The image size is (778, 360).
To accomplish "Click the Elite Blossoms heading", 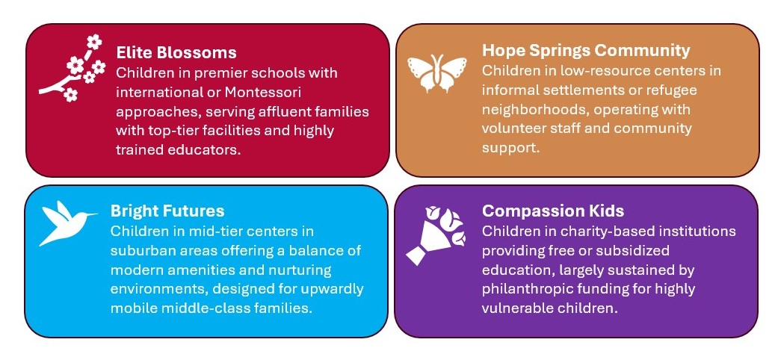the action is point(176,52).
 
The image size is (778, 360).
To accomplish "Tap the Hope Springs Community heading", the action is point(586,50).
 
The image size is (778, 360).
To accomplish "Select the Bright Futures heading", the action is point(167,211).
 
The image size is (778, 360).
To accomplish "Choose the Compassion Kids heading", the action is point(553,211).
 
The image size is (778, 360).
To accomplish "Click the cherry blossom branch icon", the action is point(72,68).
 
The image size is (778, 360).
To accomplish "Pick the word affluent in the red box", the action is point(280,111).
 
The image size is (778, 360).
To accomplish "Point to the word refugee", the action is point(672,90).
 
